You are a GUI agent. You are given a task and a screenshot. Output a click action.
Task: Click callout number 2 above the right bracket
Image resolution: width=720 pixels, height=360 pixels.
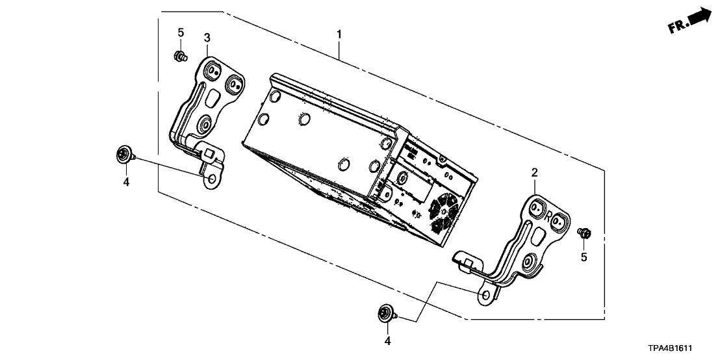[534, 172]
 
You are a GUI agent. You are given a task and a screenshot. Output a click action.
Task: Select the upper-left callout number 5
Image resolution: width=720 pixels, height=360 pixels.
[181, 32]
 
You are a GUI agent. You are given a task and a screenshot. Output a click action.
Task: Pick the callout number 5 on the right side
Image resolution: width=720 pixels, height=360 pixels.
[584, 257]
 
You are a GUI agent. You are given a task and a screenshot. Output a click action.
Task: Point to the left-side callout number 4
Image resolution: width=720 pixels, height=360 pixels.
[126, 183]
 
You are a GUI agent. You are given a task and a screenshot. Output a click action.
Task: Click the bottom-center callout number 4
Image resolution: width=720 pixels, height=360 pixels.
[387, 340]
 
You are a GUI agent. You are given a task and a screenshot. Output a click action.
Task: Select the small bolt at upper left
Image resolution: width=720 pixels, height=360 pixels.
[180, 56]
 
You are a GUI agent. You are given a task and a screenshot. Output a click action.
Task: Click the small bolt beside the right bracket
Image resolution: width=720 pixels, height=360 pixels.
[584, 231]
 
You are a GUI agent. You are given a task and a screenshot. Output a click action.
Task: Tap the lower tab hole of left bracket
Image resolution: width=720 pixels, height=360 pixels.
[212, 177]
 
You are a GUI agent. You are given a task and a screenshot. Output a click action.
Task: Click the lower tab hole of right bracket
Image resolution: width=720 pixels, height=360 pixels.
[485, 296]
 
